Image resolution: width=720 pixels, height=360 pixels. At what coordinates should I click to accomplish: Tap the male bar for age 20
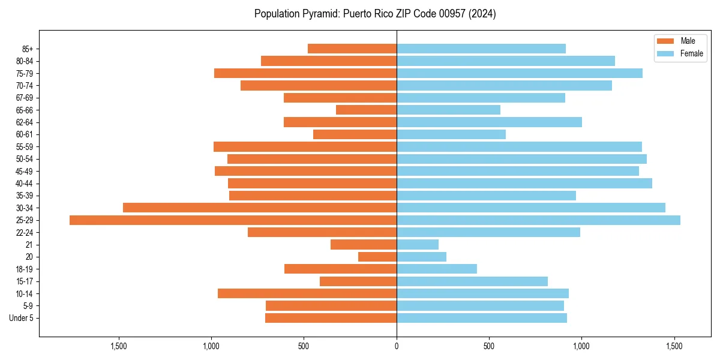[377, 257]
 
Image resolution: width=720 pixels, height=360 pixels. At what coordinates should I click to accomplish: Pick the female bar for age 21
[418, 245]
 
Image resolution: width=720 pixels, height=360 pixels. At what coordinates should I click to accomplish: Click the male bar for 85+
[352, 49]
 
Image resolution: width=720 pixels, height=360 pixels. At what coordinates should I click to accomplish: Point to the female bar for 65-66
[448, 110]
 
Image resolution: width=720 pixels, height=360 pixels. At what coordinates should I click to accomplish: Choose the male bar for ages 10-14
[307, 293]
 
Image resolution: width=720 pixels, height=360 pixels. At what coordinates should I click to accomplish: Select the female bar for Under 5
[482, 318]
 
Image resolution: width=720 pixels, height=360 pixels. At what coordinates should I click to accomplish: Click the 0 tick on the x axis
[397, 346]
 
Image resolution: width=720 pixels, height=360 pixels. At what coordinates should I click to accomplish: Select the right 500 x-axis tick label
[489, 346]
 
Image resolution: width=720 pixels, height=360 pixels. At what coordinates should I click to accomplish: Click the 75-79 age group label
[25, 73]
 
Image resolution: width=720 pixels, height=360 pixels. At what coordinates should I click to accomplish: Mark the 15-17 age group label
[25, 281]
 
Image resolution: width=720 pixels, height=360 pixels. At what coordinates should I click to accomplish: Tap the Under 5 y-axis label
[21, 318]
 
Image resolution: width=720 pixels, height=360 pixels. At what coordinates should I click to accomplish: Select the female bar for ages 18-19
[437, 269]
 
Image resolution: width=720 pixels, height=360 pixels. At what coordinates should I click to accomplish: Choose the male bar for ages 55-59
[305, 146]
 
